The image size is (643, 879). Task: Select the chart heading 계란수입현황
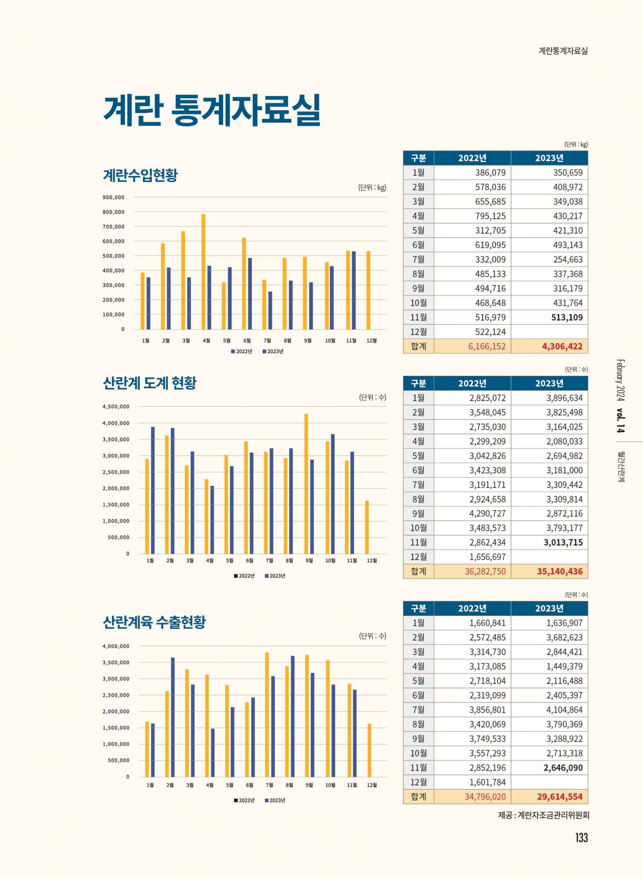(x=140, y=175)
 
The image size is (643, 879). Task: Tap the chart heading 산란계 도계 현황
(x=150, y=383)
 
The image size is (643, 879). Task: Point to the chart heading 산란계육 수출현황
(x=154, y=622)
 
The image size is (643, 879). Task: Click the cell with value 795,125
(x=490, y=216)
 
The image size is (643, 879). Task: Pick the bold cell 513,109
(x=567, y=317)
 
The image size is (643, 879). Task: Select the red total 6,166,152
(x=486, y=346)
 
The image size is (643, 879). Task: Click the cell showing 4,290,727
(x=487, y=513)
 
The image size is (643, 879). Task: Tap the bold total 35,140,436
(x=559, y=571)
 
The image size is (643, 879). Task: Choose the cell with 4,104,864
(x=564, y=709)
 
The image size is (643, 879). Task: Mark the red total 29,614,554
(x=559, y=796)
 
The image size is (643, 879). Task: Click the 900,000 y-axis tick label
(x=114, y=198)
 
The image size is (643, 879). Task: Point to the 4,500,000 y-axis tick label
(x=116, y=407)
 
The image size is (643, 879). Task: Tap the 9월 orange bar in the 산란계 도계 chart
(x=306, y=483)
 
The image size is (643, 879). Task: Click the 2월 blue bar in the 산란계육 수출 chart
(x=173, y=717)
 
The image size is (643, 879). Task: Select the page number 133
(x=581, y=837)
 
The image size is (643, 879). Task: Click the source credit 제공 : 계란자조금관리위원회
(x=543, y=815)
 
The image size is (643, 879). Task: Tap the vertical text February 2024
(x=620, y=380)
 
